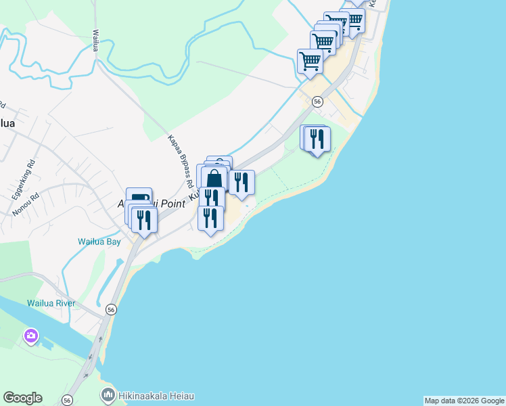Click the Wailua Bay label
(99, 241)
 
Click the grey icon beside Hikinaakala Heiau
(108, 394)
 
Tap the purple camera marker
(31, 335)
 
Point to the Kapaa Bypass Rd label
(180, 162)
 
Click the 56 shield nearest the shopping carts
(317, 101)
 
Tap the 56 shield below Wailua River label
(112, 309)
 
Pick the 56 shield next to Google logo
(67, 400)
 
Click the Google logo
(22, 398)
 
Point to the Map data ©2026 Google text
(464, 401)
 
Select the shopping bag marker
(214, 179)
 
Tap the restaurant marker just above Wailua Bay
(144, 220)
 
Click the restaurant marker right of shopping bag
(241, 183)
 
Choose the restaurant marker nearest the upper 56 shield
(317, 139)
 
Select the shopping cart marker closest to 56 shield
(310, 61)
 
